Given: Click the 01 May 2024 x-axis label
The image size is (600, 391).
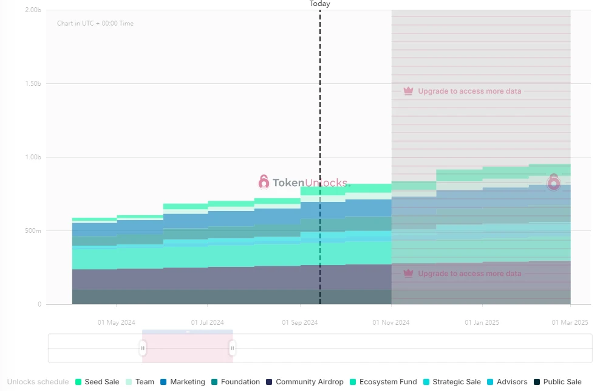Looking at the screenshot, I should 116,322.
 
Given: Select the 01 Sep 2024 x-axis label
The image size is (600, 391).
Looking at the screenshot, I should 299,322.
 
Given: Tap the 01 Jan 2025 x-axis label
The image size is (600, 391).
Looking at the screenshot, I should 482,322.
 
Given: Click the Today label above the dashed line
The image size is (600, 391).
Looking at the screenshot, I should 320,4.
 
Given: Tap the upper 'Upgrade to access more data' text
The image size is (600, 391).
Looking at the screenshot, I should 469,91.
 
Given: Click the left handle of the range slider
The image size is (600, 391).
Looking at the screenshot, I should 143,348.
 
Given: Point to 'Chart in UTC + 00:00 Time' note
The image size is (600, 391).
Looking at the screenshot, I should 95,24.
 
